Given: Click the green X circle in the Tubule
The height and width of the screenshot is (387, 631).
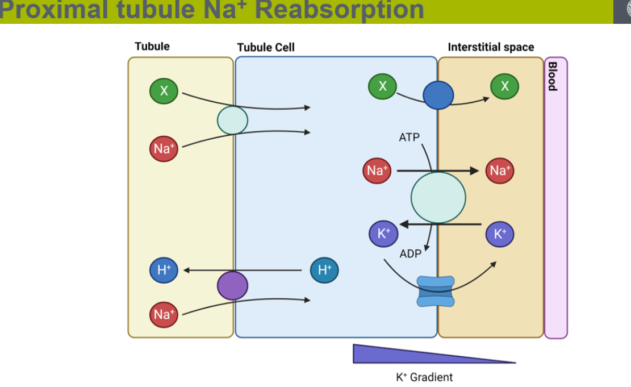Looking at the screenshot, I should (x=164, y=91).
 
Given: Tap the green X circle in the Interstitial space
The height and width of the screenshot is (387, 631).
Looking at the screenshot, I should (x=505, y=86).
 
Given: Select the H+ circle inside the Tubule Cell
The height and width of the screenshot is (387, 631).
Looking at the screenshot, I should (x=324, y=270).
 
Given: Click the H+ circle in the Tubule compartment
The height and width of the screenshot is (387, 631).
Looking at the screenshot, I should (x=164, y=270).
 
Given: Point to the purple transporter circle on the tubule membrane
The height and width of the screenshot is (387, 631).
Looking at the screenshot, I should (x=232, y=285).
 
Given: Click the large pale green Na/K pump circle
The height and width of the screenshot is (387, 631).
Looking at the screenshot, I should (x=438, y=198).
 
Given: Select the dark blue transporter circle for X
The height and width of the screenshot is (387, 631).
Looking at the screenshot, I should (x=438, y=95).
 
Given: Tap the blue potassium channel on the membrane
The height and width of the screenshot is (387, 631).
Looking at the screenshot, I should (x=436, y=292).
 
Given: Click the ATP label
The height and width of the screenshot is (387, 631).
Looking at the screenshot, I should (x=409, y=138).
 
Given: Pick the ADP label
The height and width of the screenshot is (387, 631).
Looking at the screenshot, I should (x=410, y=254).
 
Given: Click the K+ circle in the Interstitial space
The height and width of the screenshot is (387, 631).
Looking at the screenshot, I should (x=500, y=234).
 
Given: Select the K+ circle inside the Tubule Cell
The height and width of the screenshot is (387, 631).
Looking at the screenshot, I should (x=383, y=234).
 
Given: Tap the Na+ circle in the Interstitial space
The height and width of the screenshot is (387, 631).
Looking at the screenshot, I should (x=500, y=170).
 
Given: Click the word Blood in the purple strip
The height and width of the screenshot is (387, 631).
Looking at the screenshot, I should (x=552, y=76).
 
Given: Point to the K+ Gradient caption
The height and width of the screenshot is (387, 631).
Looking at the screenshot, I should (x=424, y=377).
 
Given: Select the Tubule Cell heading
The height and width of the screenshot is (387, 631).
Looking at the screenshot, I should (x=266, y=48).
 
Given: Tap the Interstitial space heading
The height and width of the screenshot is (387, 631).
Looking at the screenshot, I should (x=491, y=47).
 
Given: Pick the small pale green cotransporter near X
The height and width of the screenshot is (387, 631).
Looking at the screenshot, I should (x=232, y=120).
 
